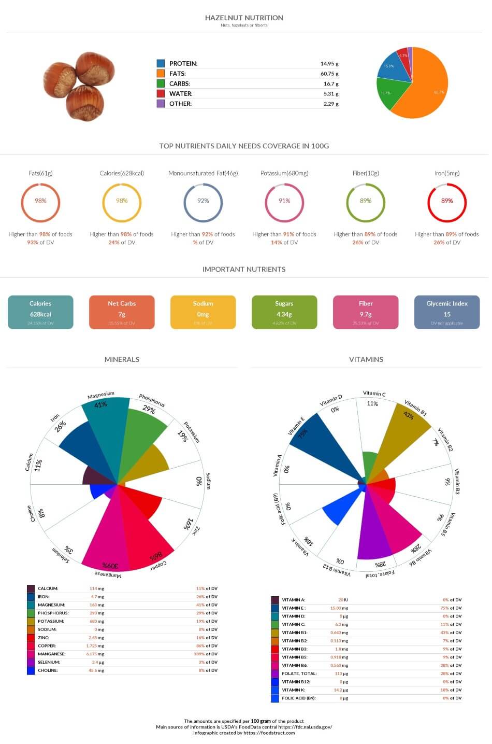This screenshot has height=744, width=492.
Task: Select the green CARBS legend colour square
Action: [x=161, y=83]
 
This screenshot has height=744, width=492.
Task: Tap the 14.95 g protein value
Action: [x=329, y=64]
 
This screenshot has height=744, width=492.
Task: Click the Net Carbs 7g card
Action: [x=122, y=312]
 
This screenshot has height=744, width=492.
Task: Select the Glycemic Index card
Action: [x=447, y=312]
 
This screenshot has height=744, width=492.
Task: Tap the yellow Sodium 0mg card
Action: [x=203, y=312]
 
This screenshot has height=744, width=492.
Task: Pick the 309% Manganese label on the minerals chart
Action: [x=110, y=565]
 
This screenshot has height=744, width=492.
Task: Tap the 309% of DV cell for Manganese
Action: [x=207, y=654]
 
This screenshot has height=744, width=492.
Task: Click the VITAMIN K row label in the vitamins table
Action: [x=293, y=690]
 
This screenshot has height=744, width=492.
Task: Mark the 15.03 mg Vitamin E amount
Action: [x=339, y=608]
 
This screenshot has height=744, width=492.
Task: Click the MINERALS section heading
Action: [x=122, y=359]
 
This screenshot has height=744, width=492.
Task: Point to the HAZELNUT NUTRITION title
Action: [x=244, y=18]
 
